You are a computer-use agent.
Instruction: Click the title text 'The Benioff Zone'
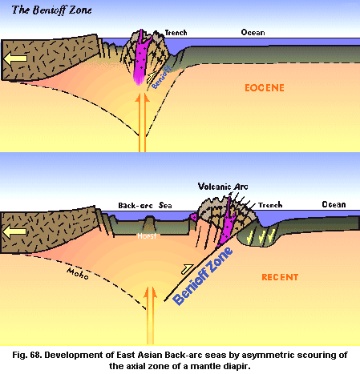click(51, 10)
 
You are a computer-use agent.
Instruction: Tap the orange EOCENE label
click(265, 88)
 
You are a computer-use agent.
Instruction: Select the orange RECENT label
click(280, 277)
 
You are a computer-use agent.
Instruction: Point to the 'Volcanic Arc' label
click(223, 187)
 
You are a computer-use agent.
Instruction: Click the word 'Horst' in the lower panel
click(147, 236)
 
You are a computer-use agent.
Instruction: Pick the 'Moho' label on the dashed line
click(78, 273)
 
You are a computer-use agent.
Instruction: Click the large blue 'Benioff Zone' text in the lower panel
click(203, 275)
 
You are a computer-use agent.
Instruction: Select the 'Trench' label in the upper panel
click(176, 33)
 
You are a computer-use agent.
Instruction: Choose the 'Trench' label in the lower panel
click(270, 205)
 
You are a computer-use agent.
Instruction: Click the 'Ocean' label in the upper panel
click(253, 32)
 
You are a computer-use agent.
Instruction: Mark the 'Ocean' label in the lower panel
click(334, 204)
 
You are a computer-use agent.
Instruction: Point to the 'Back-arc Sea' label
click(145, 205)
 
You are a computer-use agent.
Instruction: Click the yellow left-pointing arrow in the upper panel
click(15, 58)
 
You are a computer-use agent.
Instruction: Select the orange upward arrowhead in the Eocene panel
click(142, 99)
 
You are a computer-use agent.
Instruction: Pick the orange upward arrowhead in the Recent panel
click(150, 293)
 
